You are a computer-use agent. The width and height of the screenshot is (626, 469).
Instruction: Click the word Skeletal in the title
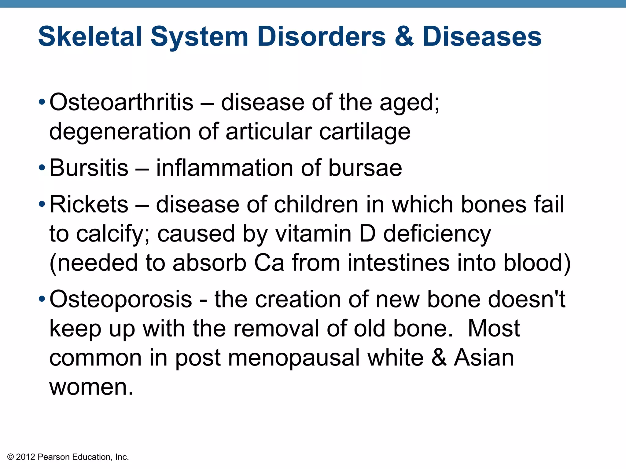point(90,37)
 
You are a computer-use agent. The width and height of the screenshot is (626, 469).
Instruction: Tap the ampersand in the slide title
point(404,37)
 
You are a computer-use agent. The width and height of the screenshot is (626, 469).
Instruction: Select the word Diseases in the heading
point(482,37)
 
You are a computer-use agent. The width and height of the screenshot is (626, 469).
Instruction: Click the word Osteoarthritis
point(121,102)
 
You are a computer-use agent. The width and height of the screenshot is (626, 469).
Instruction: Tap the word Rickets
point(89,204)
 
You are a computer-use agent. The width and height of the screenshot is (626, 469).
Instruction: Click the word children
point(316,204)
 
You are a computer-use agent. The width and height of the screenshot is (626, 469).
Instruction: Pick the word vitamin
point(313,234)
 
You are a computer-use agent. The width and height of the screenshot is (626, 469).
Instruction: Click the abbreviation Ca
point(269,263)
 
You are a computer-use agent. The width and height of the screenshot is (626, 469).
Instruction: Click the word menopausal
point(294,358)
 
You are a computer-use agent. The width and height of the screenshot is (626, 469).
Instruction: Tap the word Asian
point(484,358)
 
